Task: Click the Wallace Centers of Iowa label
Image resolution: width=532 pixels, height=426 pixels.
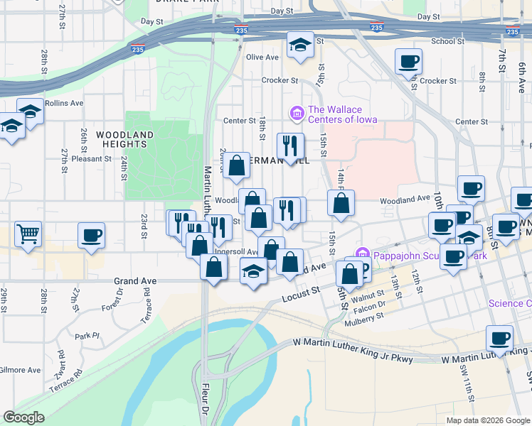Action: pos(335,114)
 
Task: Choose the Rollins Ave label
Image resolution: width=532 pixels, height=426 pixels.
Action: pos(64,103)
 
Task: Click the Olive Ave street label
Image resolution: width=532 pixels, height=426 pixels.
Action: pos(262,58)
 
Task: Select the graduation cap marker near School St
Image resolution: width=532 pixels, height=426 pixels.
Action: pos(300,45)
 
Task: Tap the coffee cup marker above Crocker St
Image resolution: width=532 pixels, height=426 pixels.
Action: pos(408,62)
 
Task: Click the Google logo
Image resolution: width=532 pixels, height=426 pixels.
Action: pos(23,417)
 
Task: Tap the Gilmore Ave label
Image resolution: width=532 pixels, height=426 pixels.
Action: pos(21,370)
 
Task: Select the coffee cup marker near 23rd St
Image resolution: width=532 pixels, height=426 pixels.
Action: pos(91,236)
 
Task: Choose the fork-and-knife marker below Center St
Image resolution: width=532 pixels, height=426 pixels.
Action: pos(290,146)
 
